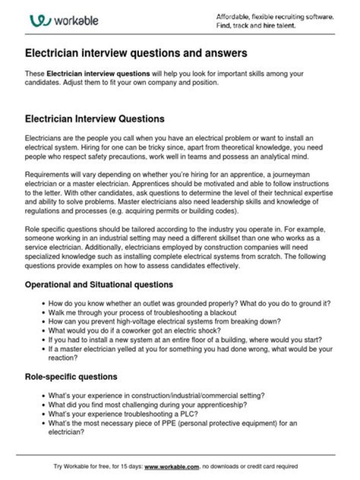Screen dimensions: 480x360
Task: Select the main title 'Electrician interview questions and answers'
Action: (136, 52)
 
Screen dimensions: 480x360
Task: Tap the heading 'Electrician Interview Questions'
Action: (94, 119)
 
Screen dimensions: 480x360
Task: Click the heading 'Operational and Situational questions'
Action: (99, 284)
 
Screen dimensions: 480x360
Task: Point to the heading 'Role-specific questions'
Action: (71, 376)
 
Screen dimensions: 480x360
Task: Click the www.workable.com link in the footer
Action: (172, 466)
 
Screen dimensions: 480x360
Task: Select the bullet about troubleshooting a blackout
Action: (135, 312)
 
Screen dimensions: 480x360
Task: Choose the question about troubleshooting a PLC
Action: (123, 414)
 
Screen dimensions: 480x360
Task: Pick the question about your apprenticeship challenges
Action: (147, 405)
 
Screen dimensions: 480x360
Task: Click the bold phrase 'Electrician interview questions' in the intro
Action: (98, 74)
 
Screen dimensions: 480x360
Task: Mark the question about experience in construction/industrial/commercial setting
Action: (156, 395)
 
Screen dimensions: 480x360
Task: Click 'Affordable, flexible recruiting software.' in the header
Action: (274, 16)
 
